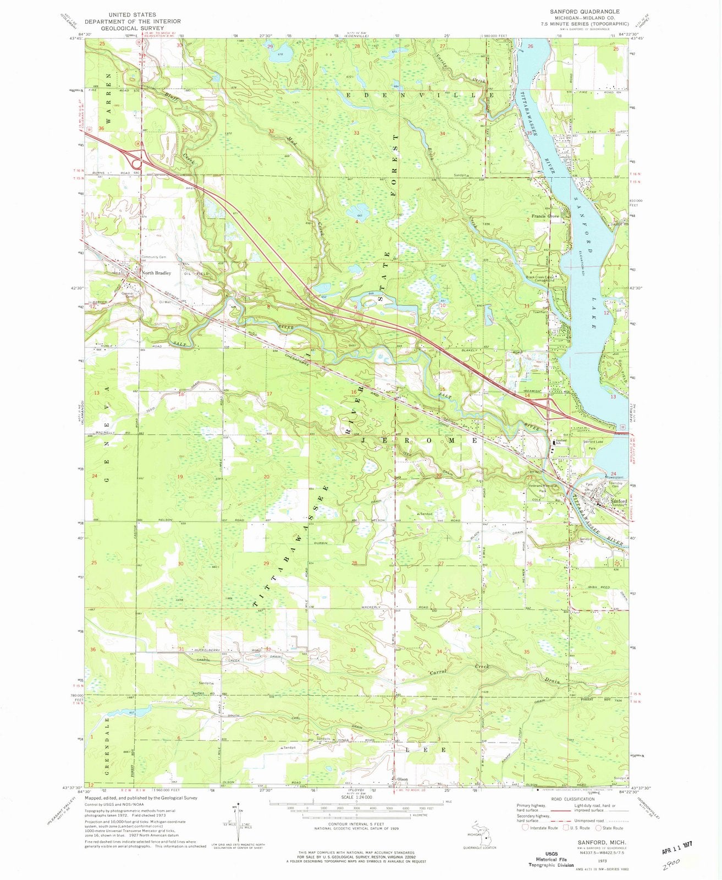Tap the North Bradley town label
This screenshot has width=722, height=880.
pos(156,273)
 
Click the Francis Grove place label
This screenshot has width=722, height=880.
pos(545,217)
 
